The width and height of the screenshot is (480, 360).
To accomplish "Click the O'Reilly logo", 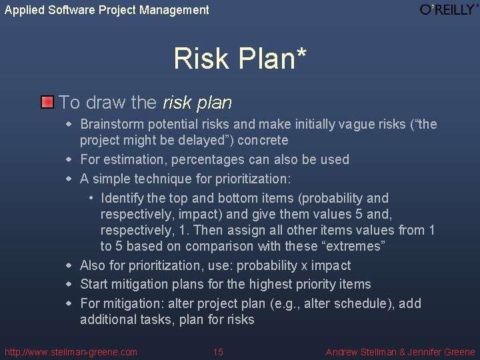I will pos(449,9).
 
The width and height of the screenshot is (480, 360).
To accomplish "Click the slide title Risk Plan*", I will pos(240,59).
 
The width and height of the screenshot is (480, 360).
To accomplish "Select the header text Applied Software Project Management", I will pos(107,10).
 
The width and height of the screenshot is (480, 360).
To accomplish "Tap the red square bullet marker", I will pos(47,103).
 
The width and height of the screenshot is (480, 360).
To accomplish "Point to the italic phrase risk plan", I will pos(197,103).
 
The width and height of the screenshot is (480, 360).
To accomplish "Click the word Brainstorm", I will pos(109,124).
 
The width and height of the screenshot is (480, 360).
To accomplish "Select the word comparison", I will pos(219,246).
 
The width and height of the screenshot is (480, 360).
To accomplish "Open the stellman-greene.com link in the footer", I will pos(71,352).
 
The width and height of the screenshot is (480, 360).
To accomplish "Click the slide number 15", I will pos(218,352).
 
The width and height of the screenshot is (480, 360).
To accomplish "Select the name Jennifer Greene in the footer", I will pos(443,352).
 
